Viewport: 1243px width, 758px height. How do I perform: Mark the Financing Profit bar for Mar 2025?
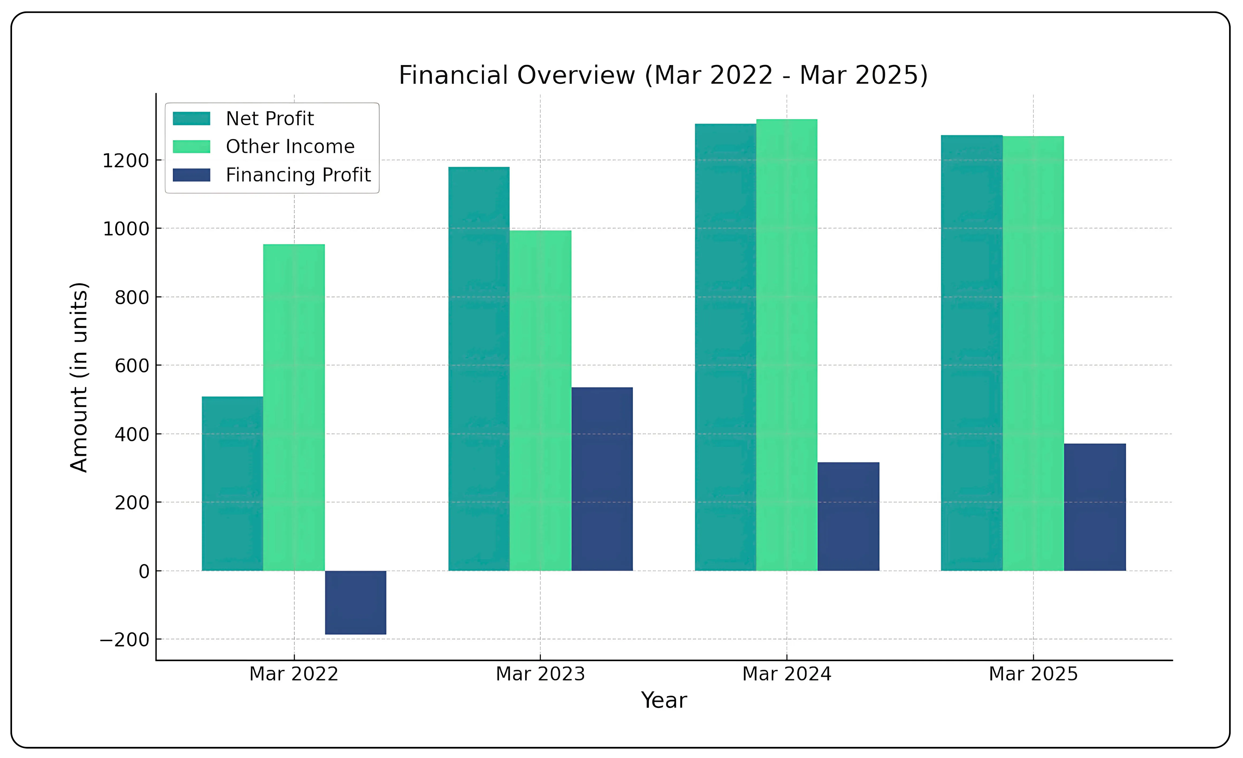(1095, 507)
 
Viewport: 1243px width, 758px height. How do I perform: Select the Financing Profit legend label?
(298, 175)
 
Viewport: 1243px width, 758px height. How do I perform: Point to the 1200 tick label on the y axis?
(126, 161)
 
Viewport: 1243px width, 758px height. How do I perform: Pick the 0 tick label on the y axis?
(144, 572)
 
